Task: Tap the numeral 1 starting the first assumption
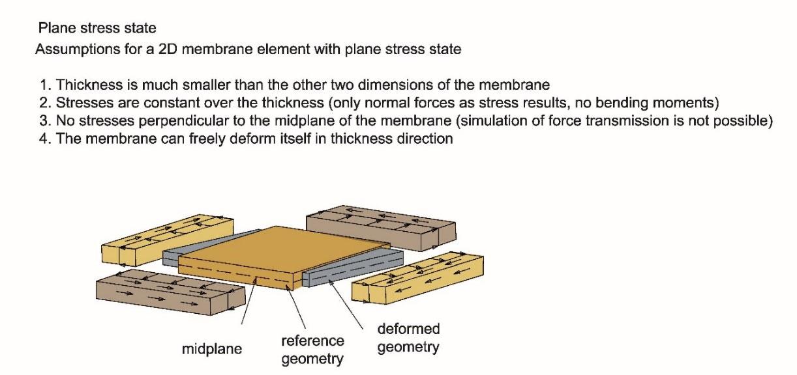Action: coord(42,85)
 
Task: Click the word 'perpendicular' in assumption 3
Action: coord(169,121)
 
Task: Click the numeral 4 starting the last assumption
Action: coord(42,139)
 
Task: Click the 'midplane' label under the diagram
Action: coord(212,349)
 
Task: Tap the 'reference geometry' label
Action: coord(312,350)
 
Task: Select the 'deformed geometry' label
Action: coord(408,338)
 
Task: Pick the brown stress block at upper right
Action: coord(382,228)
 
